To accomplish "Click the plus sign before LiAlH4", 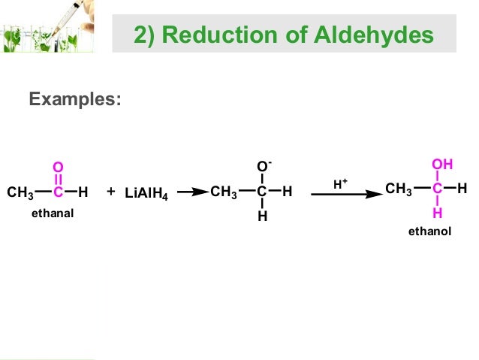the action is click(x=110, y=192).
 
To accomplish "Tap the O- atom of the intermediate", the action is click(x=263, y=166).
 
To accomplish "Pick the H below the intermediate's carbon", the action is click(x=262, y=217).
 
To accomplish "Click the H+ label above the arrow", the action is click(x=340, y=183).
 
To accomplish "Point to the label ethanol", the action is click(x=429, y=231).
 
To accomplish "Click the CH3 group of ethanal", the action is click(x=21, y=193).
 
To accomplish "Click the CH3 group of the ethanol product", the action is click(x=399, y=189).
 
